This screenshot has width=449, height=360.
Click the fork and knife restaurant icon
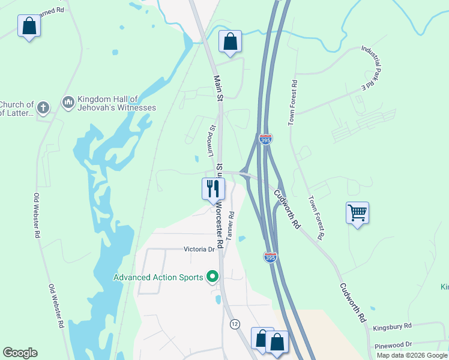click(213, 189)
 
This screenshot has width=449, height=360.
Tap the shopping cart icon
click(357, 212)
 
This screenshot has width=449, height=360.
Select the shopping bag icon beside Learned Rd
click(29, 26)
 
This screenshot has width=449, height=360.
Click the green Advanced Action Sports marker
click(212, 277)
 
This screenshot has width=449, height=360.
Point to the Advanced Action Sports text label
click(158, 277)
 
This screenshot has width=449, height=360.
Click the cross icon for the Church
click(43, 108)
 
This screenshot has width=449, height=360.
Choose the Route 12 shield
click(234, 324)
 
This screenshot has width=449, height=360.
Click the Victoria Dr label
click(199, 249)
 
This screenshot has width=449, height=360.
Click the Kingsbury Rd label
click(392, 326)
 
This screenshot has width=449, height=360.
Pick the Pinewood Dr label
click(392, 344)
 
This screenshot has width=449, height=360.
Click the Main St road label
click(219, 87)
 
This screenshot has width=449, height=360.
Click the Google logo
click(20, 353)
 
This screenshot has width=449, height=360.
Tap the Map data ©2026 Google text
click(411, 355)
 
